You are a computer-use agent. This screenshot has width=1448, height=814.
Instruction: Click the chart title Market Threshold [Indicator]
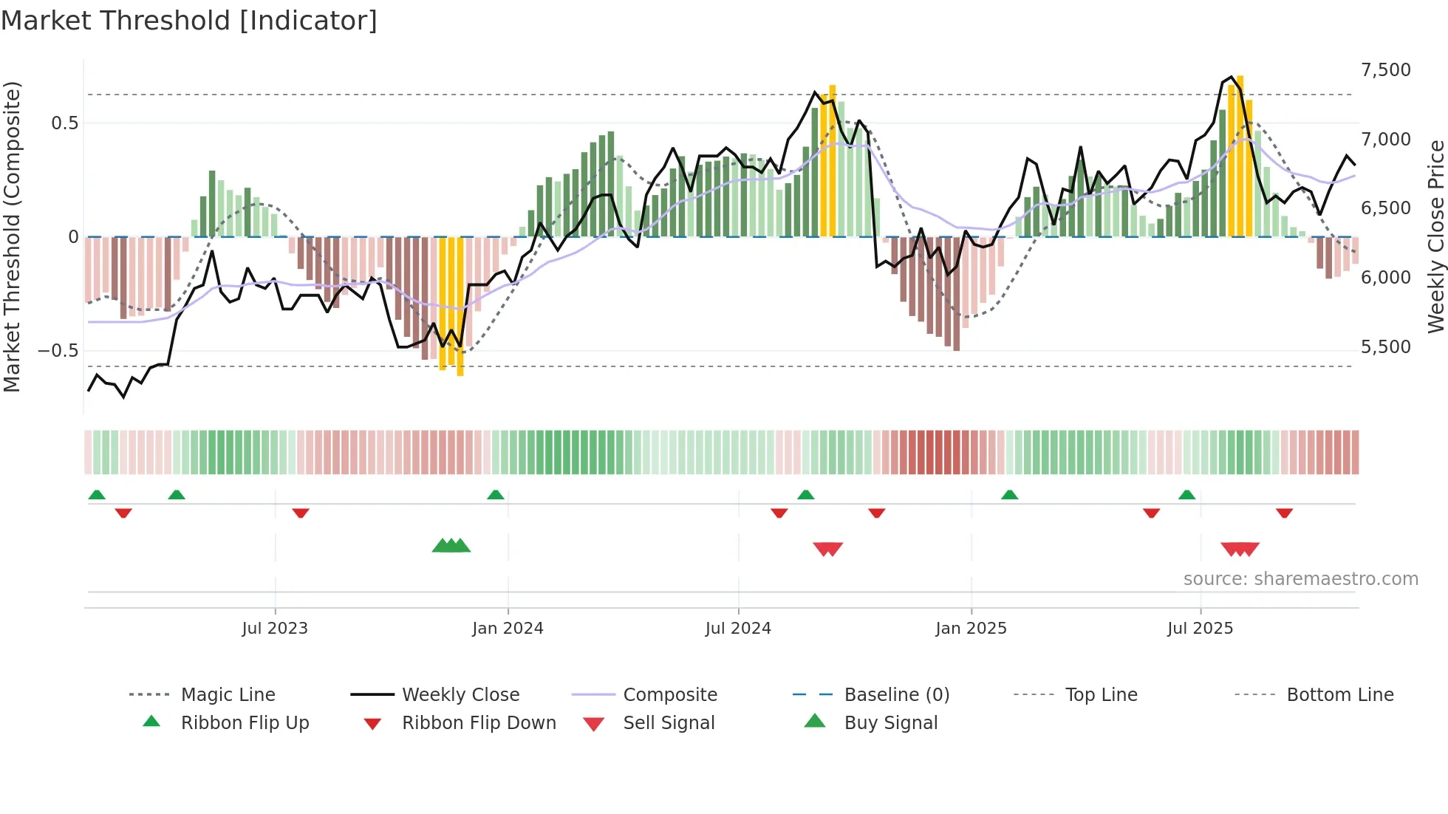[189, 21]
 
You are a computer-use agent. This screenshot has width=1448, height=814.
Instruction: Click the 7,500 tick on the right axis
[1385, 70]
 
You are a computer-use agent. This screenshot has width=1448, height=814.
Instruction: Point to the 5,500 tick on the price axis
[1385, 347]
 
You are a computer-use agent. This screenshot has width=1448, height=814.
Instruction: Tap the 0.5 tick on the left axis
[64, 123]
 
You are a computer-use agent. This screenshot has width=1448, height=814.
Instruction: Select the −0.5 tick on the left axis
[58, 351]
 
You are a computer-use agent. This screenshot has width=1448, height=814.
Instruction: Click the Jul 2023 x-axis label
[275, 629]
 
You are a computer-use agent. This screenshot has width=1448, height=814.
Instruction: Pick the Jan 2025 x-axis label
[971, 629]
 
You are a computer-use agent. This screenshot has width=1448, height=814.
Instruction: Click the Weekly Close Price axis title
[1435, 236]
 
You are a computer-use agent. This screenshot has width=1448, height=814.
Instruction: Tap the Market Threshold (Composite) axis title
[12, 236]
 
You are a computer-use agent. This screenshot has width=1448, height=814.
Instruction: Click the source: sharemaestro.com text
[1300, 579]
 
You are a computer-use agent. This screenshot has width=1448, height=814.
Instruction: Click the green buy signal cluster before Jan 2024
[451, 547]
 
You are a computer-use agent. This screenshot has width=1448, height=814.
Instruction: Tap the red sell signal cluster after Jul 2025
[1240, 549]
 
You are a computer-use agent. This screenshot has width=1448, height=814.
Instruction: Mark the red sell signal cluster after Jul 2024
[827, 549]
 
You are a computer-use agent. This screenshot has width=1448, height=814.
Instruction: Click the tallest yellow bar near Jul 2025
[1240, 155]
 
